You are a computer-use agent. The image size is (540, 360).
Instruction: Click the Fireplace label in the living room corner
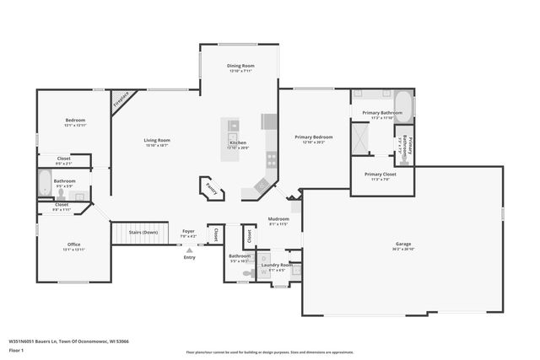pyautogui.click(x=123, y=101)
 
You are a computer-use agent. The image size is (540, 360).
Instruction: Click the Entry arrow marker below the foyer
pyautogui.click(x=189, y=250)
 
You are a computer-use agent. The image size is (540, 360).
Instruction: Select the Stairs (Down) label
pyautogui.click(x=143, y=232)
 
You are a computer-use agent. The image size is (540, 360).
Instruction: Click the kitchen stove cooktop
pyautogui.click(x=271, y=157)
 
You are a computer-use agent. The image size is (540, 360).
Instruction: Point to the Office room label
pyautogui.click(x=74, y=244)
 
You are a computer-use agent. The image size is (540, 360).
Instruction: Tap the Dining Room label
pyautogui.click(x=240, y=66)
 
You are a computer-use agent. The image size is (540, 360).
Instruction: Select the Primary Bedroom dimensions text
pyautogui.click(x=313, y=142)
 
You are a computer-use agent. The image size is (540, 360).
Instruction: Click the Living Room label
pyautogui.click(x=156, y=140)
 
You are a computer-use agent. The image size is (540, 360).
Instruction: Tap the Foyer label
pyautogui.click(x=188, y=231)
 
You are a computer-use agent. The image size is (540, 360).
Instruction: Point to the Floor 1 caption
pyautogui.click(x=16, y=351)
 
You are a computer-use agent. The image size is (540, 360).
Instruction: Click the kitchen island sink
pyautogui.click(x=234, y=126)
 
